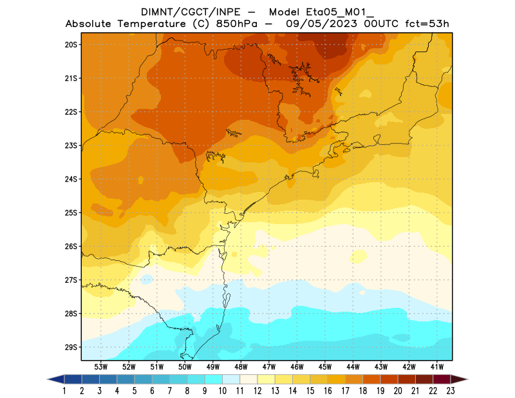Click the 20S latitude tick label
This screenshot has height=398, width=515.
(71, 44)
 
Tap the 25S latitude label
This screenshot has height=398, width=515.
(71, 213)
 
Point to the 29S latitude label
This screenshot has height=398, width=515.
(71, 347)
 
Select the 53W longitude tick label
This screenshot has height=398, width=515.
(101, 366)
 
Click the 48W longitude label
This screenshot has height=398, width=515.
(241, 366)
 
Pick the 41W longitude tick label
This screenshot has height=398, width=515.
(438, 366)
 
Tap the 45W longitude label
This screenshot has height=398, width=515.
(325, 366)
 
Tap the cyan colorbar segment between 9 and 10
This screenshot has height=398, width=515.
(214, 379)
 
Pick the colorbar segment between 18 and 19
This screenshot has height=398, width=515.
(371, 379)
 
